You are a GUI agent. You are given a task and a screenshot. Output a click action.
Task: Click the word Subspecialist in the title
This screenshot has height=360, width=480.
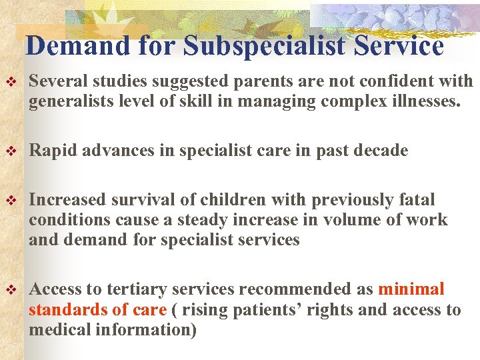265,46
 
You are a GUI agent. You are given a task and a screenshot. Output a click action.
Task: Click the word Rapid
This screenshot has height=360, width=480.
54,151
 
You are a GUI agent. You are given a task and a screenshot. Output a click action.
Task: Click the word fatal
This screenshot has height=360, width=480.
417,201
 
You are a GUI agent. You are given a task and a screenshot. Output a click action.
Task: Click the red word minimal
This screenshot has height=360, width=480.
411,290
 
